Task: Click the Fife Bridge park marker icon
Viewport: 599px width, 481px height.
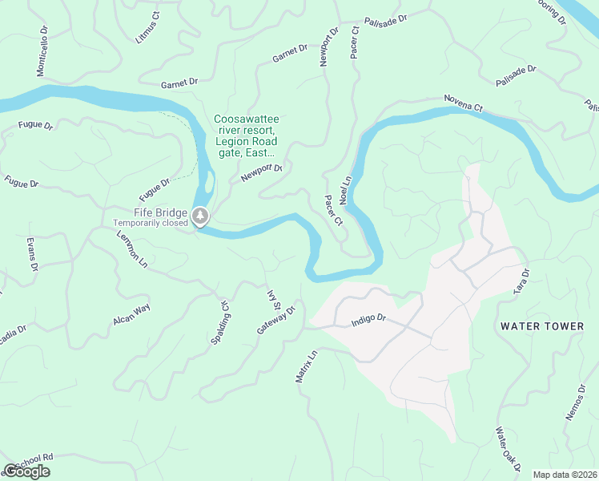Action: [200, 216]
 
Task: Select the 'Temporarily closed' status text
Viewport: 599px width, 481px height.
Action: [151, 223]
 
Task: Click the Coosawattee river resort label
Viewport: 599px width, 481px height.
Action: [246, 135]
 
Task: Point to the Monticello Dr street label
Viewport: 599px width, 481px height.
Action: [42, 54]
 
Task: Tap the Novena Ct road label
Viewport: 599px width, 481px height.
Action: [464, 103]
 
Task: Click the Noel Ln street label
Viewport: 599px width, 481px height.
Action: [347, 190]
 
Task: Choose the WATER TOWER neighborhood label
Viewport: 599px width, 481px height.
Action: [542, 326]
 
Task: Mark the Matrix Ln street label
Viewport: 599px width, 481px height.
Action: [307, 366]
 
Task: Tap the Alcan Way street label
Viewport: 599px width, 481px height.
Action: [131, 314]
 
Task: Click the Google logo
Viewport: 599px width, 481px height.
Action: [26, 471]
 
